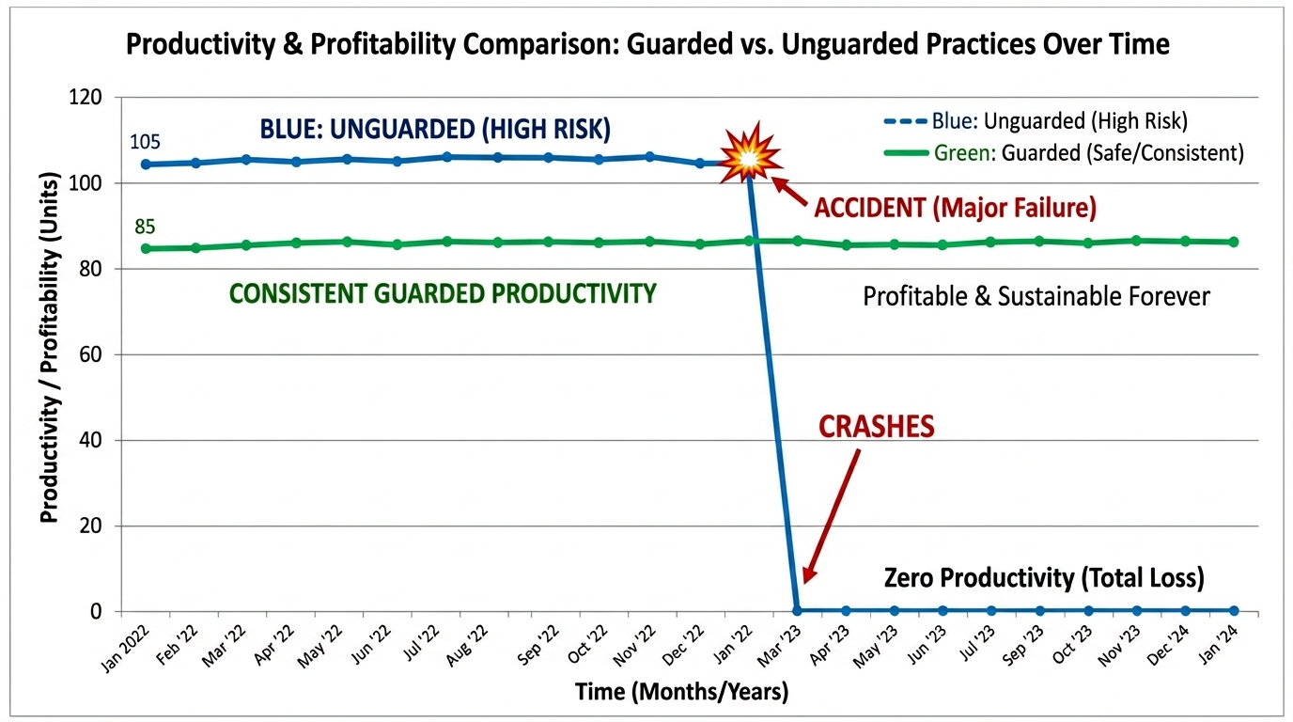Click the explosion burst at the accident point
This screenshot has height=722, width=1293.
pyautogui.click(x=749, y=158)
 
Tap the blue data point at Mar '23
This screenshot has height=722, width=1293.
pyautogui.click(x=797, y=610)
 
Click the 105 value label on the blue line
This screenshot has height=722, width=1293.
pyautogui.click(x=145, y=142)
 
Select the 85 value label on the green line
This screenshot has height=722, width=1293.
pyautogui.click(x=145, y=227)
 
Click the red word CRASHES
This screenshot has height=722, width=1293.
pyautogui.click(x=876, y=427)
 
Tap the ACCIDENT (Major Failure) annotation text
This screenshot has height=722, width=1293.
pyautogui.click(x=956, y=206)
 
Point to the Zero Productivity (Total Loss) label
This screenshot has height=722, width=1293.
pyautogui.click(x=1044, y=577)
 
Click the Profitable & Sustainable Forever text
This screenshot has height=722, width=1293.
pyautogui.click(x=1036, y=297)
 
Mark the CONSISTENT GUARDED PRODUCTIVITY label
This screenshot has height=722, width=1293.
pyautogui.click(x=442, y=293)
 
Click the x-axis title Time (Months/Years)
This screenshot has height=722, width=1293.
pyautogui.click(x=681, y=693)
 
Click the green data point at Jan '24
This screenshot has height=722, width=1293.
pyautogui.click(x=1233, y=242)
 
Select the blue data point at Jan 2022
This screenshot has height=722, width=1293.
pyautogui.click(x=146, y=165)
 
